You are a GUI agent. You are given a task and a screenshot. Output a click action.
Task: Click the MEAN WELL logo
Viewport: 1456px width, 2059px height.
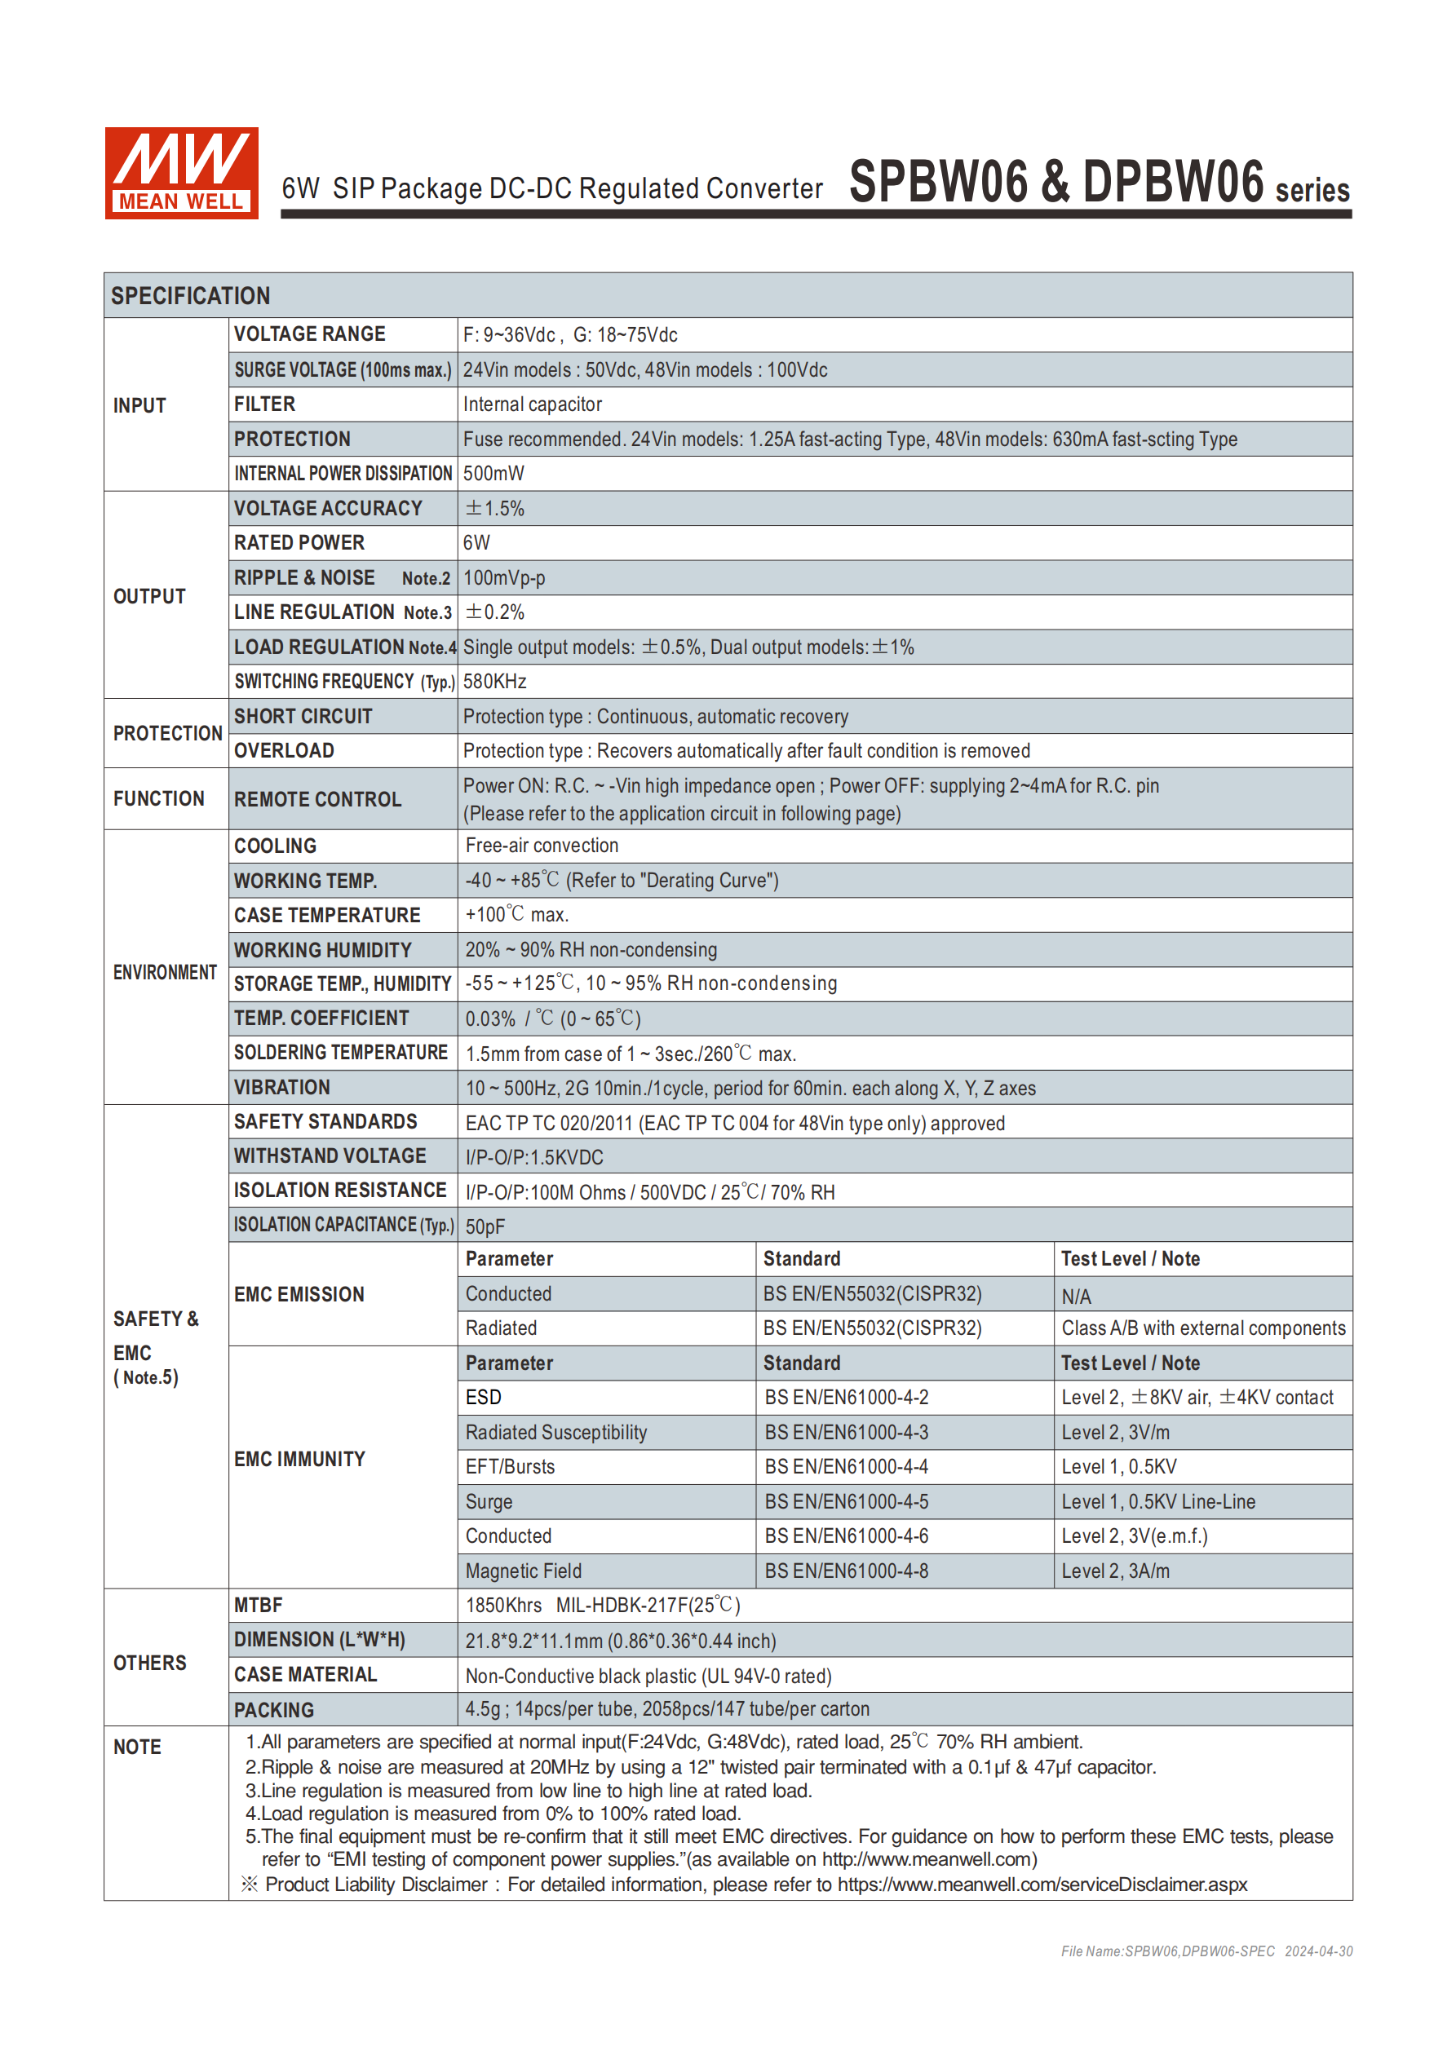[x=181, y=173]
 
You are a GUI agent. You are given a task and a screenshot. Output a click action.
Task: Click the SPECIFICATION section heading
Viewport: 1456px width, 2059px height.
[x=190, y=296]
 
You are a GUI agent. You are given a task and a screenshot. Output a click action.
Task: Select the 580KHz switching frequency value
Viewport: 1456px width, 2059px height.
[x=494, y=682]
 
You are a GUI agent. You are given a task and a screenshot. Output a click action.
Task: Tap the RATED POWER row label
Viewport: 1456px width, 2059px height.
[x=299, y=543]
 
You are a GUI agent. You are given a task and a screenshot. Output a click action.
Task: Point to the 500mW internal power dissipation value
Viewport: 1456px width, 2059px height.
[x=493, y=474]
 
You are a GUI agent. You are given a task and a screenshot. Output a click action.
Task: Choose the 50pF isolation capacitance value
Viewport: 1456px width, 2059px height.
[x=485, y=1226]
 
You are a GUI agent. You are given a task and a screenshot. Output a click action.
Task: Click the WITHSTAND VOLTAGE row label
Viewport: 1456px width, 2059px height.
[x=330, y=1157]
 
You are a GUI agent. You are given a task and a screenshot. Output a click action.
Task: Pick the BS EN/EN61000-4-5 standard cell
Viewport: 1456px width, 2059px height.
[x=846, y=1502]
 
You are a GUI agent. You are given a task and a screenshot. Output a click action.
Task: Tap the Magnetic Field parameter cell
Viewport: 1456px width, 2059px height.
[x=523, y=1571]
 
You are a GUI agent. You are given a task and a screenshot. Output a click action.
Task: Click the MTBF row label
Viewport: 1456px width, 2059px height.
[x=259, y=1606]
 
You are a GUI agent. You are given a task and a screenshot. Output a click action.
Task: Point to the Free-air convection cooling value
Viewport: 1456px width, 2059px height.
[x=541, y=846]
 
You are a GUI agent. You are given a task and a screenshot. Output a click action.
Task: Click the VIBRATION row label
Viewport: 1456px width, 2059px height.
[x=281, y=1088]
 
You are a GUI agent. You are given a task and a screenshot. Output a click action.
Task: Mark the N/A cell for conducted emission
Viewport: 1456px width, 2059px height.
[x=1076, y=1297]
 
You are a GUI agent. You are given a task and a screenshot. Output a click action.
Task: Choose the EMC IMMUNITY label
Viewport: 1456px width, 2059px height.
[x=299, y=1459]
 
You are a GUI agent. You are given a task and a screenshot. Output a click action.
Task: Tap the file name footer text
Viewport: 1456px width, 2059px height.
[x=1206, y=1951]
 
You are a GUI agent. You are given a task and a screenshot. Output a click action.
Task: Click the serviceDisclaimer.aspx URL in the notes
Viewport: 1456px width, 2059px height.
[x=1042, y=1884]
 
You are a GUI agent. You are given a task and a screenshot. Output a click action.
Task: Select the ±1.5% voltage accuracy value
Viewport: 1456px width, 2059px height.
[x=493, y=509]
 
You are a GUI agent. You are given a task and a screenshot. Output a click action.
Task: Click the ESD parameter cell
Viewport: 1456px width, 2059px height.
[x=483, y=1398]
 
